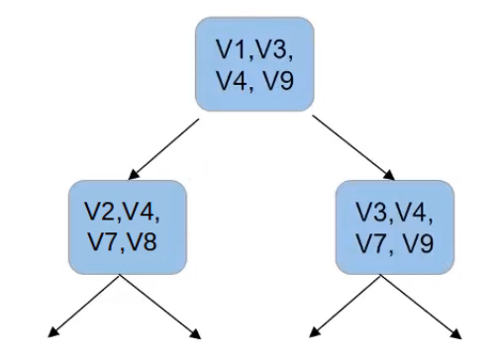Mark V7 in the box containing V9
372,241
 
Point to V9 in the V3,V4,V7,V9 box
418,241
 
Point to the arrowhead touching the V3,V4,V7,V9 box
389,175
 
